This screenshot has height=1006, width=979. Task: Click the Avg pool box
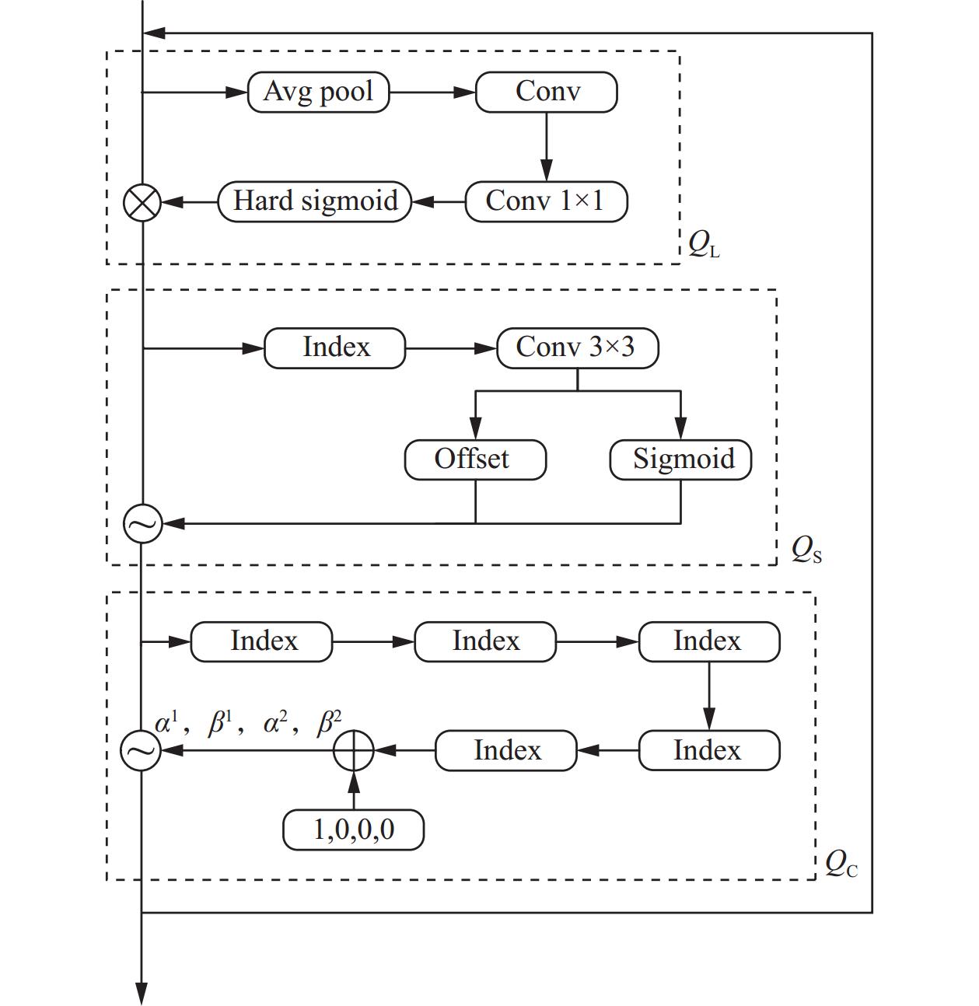(318, 93)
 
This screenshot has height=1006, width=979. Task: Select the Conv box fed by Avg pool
(546, 93)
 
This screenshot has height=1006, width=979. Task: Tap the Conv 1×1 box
(546, 202)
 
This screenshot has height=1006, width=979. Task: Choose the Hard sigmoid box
(315, 202)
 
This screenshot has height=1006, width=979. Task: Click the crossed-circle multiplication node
(142, 203)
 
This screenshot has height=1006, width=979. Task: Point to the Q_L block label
(704, 246)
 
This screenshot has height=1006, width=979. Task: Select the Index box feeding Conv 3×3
(335, 348)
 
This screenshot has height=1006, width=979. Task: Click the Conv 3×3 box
(577, 348)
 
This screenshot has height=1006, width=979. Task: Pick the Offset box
(475, 459)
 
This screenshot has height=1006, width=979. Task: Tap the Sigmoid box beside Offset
(680, 459)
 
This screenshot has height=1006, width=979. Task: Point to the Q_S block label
(806, 550)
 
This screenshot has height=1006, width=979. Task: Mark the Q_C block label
(841, 864)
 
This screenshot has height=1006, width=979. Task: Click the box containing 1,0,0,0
(353, 830)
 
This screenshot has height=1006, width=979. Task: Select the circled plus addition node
(354, 751)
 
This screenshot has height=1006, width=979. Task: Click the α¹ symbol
(166, 724)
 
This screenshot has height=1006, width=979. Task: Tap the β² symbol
(330, 724)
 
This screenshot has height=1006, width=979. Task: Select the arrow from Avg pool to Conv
(432, 93)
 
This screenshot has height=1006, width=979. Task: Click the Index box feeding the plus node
(506, 751)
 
